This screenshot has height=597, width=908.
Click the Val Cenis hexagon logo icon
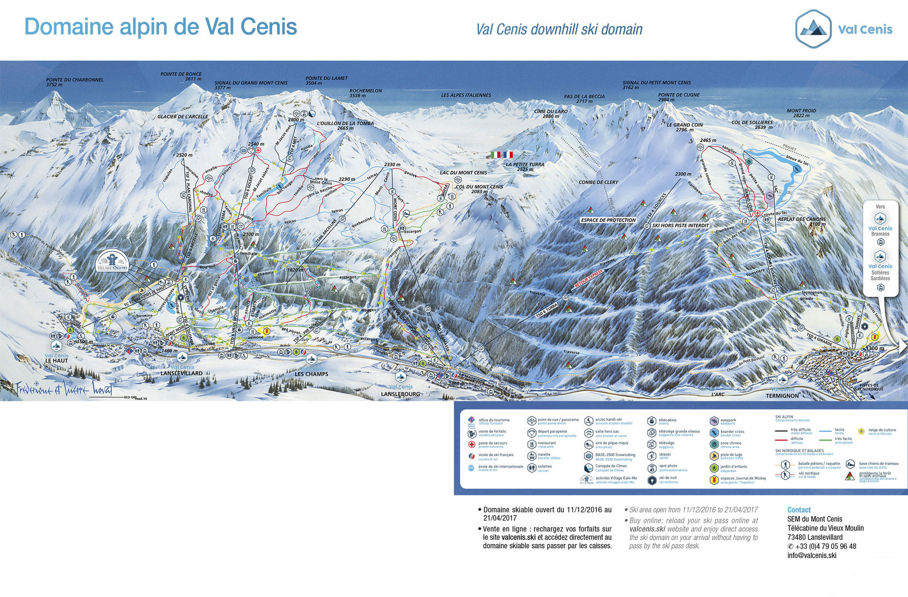click(x=813, y=29)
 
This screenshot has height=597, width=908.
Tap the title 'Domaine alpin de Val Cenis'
click(x=160, y=27)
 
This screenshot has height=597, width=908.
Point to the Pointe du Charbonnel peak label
click(x=74, y=82)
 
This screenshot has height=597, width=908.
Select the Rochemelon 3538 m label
click(x=365, y=93)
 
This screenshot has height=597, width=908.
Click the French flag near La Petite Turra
click(x=507, y=155)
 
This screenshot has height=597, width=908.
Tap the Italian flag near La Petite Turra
click(x=496, y=155)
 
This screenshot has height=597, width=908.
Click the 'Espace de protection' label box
click(x=608, y=220)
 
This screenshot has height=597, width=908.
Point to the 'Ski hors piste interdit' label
click(x=680, y=225)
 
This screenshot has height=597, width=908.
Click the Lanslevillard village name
click(x=181, y=373)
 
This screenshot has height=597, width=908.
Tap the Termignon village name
click(x=782, y=395)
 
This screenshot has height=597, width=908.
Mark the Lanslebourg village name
click(x=401, y=394)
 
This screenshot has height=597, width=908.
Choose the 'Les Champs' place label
click(x=311, y=374)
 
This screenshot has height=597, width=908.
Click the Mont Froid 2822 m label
click(x=801, y=113)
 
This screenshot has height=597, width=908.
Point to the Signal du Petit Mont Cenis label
click(x=656, y=85)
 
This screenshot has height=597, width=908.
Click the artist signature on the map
click(x=63, y=389)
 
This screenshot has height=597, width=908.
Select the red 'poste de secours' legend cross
click(x=471, y=444)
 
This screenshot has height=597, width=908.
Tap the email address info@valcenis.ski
click(x=812, y=555)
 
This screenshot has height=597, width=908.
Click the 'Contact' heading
click(x=798, y=510)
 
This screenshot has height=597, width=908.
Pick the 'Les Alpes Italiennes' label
click(x=466, y=95)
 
